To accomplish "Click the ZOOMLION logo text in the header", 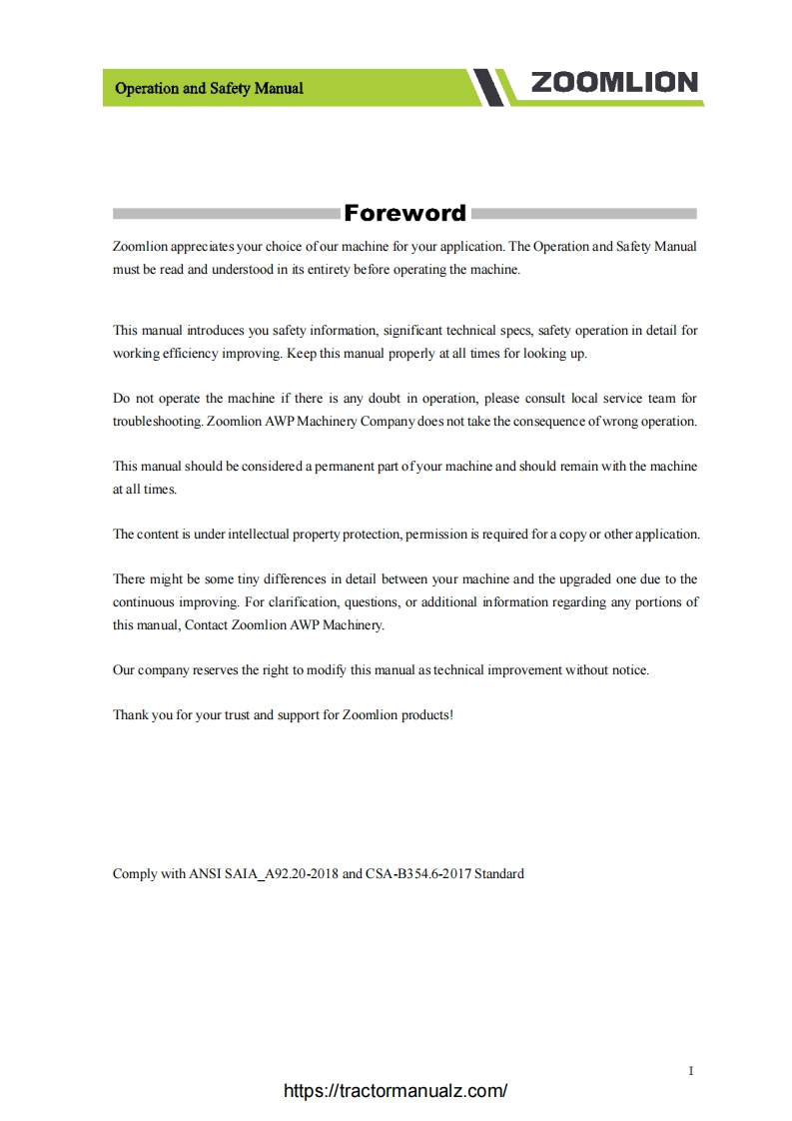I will coord(614,83).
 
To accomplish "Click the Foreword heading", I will coord(404,213).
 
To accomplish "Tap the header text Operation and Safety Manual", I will coord(209,88).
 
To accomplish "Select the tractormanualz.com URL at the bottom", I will coord(396,1091).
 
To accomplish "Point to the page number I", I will coord(691,1071).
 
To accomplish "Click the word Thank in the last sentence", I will coord(130,715).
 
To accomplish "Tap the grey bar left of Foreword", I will coord(226,213).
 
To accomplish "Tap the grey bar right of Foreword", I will coord(583,213).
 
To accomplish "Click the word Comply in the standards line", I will coord(135,874).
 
